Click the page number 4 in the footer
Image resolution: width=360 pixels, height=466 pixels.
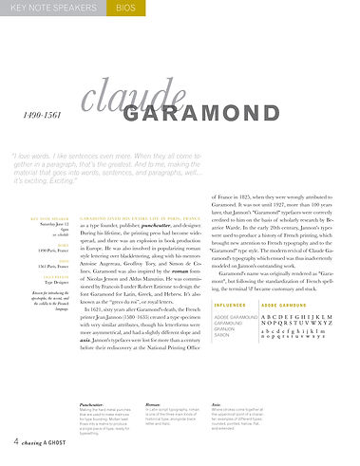[x=17, y=442]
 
